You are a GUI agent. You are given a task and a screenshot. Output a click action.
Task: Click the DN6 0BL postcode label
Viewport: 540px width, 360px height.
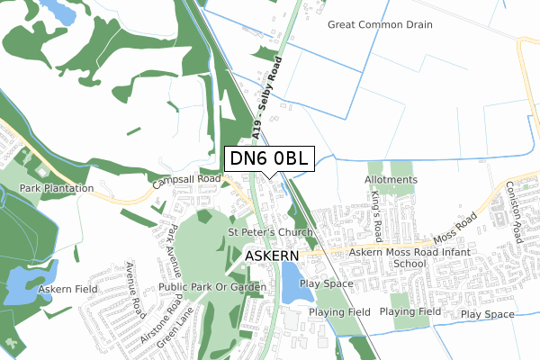[270, 158]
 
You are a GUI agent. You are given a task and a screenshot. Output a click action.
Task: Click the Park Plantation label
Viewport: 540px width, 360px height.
[58, 188]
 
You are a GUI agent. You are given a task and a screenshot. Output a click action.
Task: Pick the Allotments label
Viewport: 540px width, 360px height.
[391, 180]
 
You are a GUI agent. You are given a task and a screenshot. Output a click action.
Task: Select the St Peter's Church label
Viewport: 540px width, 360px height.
[269, 232]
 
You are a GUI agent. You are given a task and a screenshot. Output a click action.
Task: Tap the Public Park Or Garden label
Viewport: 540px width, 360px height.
[212, 287]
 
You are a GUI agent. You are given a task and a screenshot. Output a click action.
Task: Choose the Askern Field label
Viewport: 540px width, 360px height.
[67, 291]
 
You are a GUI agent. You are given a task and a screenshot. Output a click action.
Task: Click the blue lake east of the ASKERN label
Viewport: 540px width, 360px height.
[289, 283]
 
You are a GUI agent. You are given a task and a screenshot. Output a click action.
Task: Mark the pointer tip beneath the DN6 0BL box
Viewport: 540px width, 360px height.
[270, 177]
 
